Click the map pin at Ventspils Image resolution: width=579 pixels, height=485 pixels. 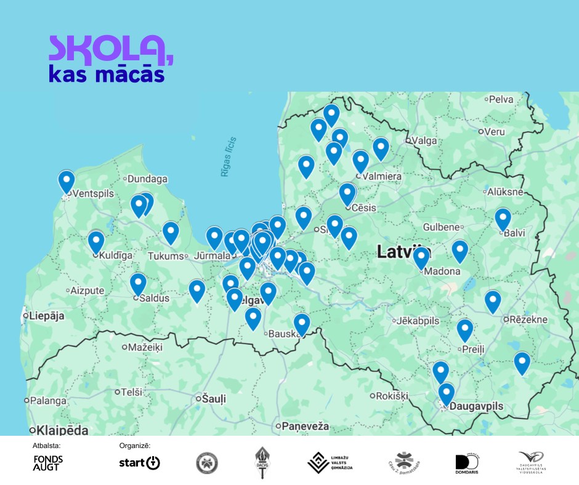(66, 181)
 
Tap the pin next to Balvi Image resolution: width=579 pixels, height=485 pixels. (503, 219)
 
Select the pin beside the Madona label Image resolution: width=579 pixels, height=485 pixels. (421, 258)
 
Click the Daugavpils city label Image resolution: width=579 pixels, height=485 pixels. (477, 407)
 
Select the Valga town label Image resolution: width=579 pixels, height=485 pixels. (424, 140)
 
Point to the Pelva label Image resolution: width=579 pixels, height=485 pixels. (500, 98)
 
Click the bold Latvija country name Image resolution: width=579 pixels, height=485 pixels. (403, 251)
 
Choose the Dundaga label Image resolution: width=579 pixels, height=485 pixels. (148, 179)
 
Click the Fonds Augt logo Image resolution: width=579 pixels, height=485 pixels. (48, 463)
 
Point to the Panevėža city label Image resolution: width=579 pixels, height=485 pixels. (306, 426)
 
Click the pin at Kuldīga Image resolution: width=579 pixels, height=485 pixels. (96, 241)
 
